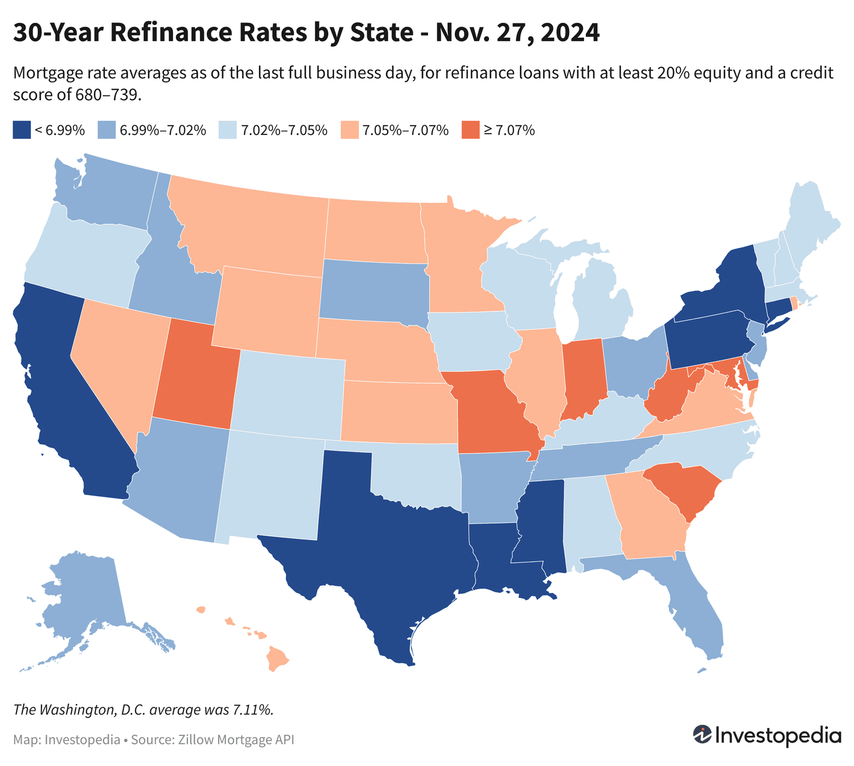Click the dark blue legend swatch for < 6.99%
click(x=21, y=130)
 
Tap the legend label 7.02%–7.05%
click(x=284, y=130)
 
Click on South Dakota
click(x=373, y=290)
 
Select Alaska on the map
click(x=85, y=598)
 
